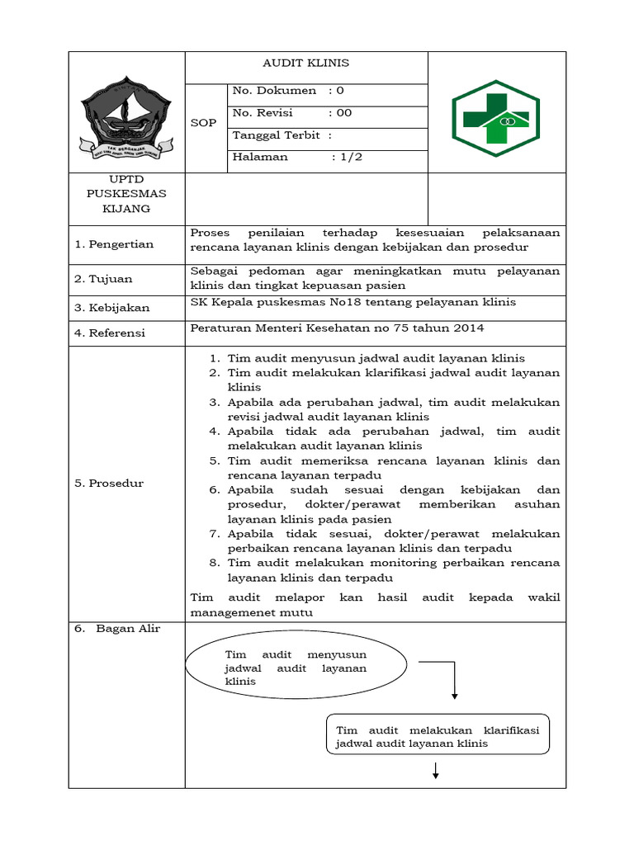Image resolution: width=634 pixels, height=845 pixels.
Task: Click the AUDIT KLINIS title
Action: (x=305, y=64)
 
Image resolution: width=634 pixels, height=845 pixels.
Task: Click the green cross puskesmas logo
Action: (x=495, y=119)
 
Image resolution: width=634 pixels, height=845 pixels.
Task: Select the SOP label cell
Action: (x=203, y=123)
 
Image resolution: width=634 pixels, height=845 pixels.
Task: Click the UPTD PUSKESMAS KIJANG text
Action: (x=126, y=194)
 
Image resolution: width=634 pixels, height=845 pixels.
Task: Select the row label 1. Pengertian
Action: (x=114, y=244)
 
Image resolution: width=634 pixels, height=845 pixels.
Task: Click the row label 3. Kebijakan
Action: (x=112, y=308)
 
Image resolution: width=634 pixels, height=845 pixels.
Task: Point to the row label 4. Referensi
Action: (x=110, y=333)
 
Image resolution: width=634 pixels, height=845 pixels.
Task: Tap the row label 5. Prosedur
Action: (x=109, y=484)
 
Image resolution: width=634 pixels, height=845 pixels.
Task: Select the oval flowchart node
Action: (x=296, y=667)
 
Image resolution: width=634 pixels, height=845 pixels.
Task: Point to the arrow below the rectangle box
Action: (x=435, y=771)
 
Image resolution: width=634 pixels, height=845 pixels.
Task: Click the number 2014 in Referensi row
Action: (x=468, y=328)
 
